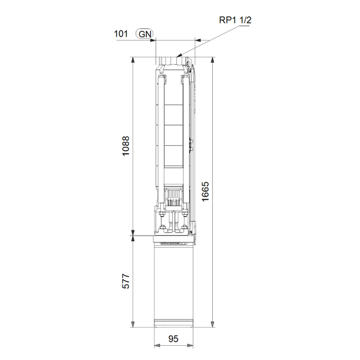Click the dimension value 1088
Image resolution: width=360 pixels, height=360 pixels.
[126, 146]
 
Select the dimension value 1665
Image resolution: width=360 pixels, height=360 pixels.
[205, 191]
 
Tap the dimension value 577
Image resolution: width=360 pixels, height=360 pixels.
[126, 281]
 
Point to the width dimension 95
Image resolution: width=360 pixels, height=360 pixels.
[174, 338]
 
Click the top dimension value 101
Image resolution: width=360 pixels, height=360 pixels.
[121, 34]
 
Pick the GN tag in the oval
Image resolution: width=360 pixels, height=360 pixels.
[145, 34]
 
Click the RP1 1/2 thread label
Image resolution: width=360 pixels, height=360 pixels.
[235, 20]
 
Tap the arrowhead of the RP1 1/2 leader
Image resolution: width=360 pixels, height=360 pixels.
[179, 55]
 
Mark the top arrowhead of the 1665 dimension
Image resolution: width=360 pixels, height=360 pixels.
[213, 60]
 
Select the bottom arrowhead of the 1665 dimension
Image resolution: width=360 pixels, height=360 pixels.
[213, 324]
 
